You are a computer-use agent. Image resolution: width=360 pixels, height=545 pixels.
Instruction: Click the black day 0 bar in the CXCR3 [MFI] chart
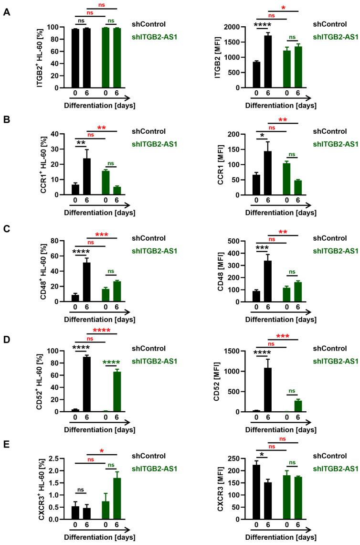tap(257, 492)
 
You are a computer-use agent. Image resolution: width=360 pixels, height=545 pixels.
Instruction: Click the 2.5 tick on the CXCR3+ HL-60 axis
tap(60, 459)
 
